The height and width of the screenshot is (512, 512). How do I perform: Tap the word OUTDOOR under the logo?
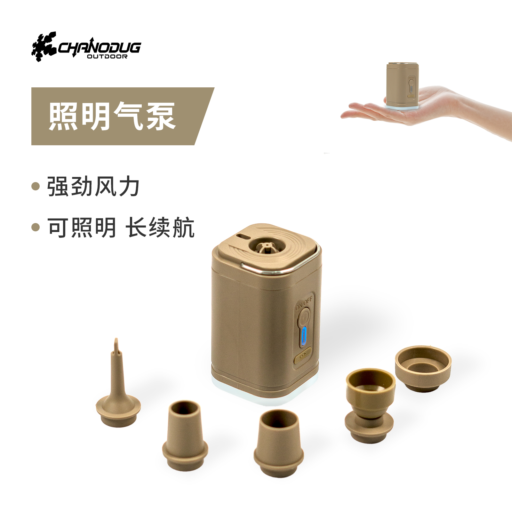[107, 57]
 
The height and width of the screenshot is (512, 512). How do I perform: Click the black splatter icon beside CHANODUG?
[44, 46]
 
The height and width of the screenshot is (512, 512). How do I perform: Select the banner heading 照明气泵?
[112, 116]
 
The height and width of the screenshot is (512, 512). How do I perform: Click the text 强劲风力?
[93, 187]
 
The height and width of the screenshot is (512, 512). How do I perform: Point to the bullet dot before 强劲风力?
[36, 186]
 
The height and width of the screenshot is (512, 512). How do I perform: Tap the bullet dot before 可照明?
[36, 227]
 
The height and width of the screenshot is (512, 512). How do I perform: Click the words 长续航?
[160, 228]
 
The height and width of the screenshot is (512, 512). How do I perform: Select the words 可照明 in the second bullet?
[82, 228]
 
